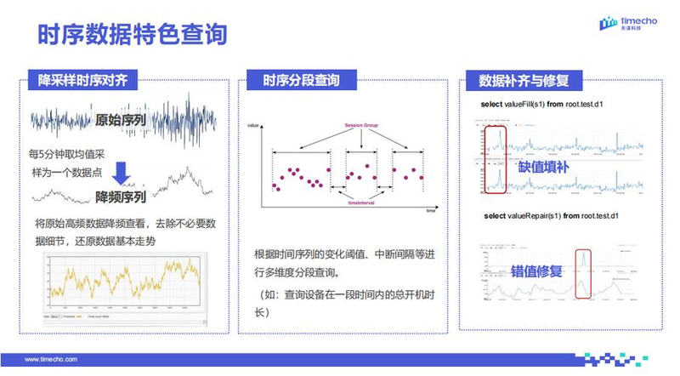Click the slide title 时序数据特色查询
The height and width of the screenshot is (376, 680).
[x=132, y=34]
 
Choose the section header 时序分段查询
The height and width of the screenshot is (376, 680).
[x=301, y=82]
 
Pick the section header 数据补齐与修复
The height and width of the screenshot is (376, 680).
[x=524, y=82]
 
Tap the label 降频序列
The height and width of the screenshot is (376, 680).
[x=120, y=197]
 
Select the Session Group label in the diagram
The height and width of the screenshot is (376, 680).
[x=362, y=126]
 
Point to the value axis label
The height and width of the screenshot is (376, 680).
[x=252, y=126]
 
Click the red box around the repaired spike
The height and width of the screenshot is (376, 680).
[x=583, y=274]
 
